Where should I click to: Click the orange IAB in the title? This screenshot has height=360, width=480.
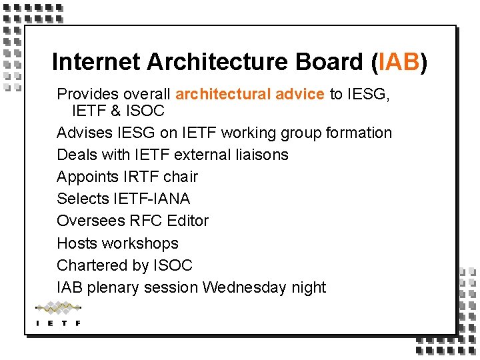coord(399,62)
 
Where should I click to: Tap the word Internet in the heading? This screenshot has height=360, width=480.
coord(97,62)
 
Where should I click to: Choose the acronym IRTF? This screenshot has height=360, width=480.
coord(139,177)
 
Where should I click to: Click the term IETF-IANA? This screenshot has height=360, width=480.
coord(151,199)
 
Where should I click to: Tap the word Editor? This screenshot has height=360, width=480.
coord(188,221)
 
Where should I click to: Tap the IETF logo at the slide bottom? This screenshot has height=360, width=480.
coord(58,314)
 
